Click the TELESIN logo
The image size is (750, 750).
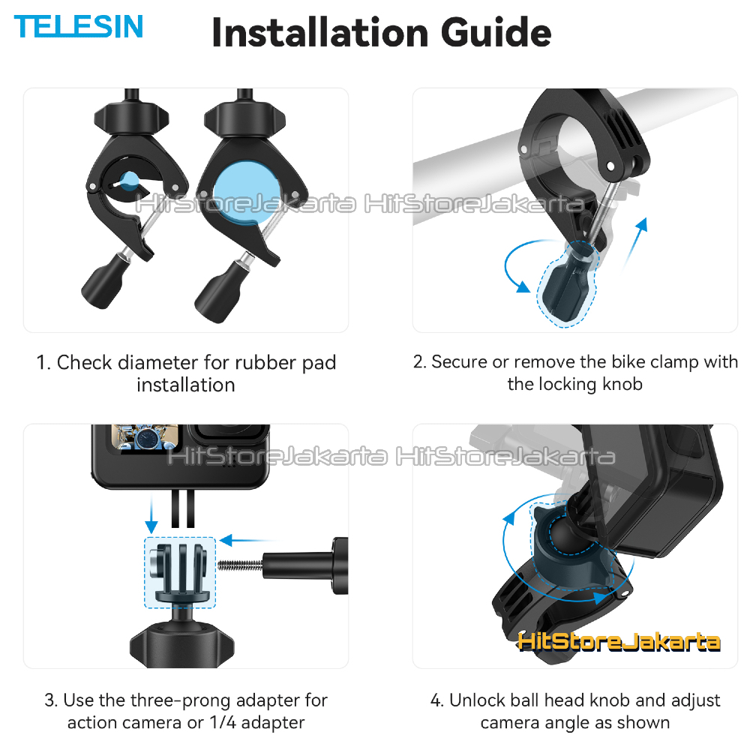79,26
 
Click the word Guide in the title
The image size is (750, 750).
496,32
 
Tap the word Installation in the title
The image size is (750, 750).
320,32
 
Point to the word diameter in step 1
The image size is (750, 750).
160,362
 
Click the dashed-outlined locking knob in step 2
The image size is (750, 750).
567,284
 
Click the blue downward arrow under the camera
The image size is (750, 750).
151,514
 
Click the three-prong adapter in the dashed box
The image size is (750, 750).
180,572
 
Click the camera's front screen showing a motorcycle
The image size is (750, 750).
145,437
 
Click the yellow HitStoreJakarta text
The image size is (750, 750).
619,641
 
